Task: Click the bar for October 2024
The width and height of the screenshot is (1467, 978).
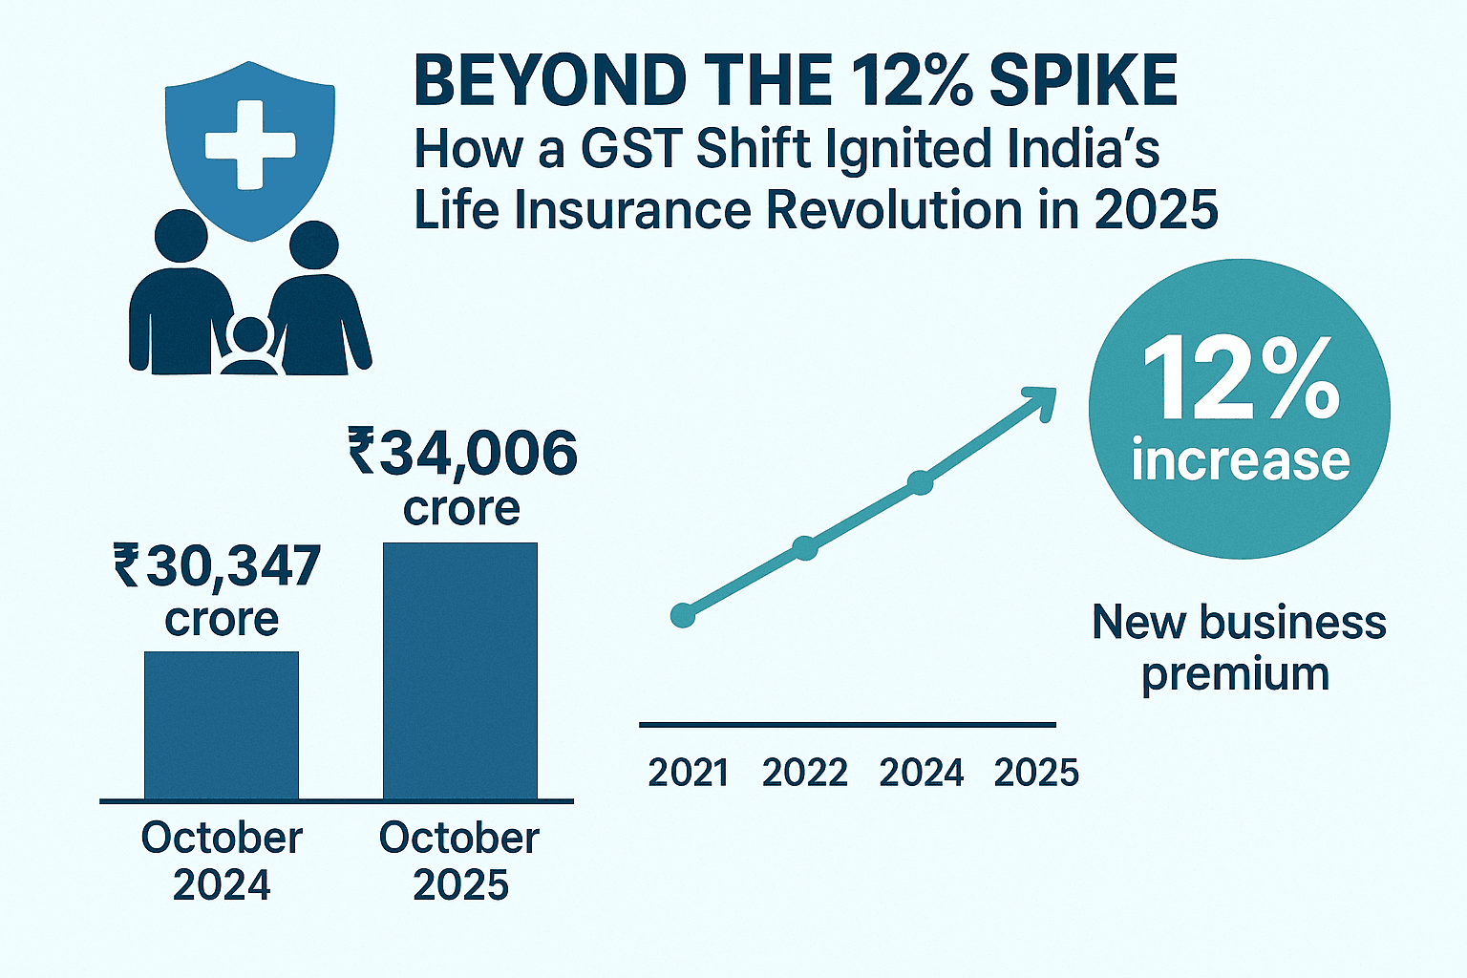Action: (222, 726)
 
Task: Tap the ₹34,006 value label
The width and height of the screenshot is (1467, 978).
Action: (463, 454)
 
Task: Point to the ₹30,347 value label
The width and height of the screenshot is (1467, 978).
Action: (218, 565)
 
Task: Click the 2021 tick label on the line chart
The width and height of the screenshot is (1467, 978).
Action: (688, 773)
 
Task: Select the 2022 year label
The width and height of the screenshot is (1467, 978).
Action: (804, 773)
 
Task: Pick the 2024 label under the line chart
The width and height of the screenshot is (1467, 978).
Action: (921, 773)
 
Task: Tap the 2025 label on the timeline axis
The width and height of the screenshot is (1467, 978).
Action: (1036, 773)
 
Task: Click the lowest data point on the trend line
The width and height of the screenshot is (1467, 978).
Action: (683, 615)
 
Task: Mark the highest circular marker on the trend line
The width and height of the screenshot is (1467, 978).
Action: (920, 482)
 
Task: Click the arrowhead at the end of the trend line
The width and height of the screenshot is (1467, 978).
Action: (1041, 398)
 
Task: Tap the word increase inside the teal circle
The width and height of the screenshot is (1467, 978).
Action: (1240, 460)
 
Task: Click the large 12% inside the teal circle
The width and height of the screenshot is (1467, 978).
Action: (1240, 380)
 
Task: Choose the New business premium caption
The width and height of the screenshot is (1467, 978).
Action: (1238, 648)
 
